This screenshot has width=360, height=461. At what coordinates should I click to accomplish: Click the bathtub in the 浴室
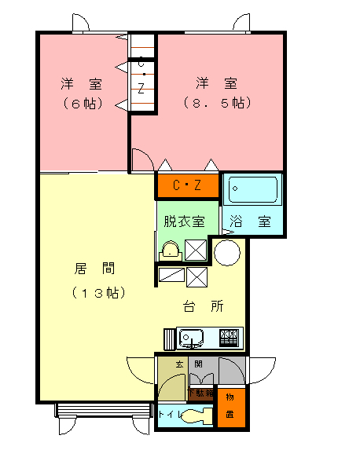252,192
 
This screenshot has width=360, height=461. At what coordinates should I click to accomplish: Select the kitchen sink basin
191,338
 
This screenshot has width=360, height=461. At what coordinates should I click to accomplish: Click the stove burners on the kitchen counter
229,338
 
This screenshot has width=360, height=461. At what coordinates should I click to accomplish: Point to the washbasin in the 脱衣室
170,251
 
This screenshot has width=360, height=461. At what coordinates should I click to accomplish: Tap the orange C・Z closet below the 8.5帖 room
187,186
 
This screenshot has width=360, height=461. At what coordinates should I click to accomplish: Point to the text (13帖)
99,293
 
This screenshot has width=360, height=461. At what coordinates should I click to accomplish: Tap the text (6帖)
83,103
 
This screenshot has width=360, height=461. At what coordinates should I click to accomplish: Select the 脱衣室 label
184,222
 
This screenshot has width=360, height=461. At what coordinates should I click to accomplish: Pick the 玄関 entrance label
189,364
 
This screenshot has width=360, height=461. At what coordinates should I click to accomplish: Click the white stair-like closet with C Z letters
141,74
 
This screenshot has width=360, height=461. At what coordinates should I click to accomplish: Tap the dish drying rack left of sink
171,338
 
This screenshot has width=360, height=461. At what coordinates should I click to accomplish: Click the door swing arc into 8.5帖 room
142,161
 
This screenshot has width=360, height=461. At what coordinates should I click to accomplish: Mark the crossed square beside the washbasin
196,251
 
